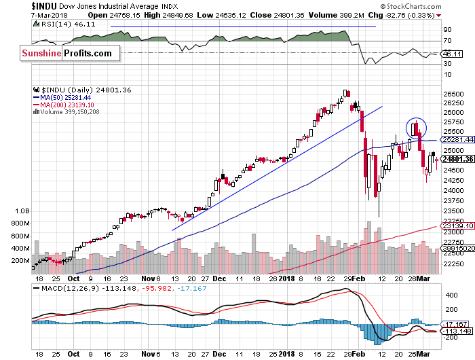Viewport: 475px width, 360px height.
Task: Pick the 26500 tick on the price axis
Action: pyautogui.click(x=453, y=94)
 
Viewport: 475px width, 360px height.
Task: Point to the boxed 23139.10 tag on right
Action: pyautogui.click(x=458, y=226)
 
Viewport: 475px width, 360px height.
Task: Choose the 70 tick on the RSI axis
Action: pyautogui.click(x=447, y=41)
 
